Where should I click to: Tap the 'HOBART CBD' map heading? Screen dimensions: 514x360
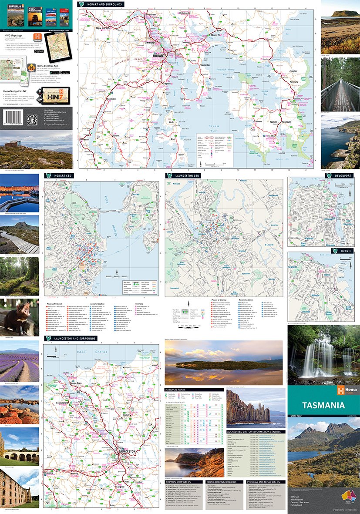click(60, 175)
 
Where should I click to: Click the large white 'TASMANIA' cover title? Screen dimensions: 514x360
click(323, 405)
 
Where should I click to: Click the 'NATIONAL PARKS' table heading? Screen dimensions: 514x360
click(178, 389)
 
